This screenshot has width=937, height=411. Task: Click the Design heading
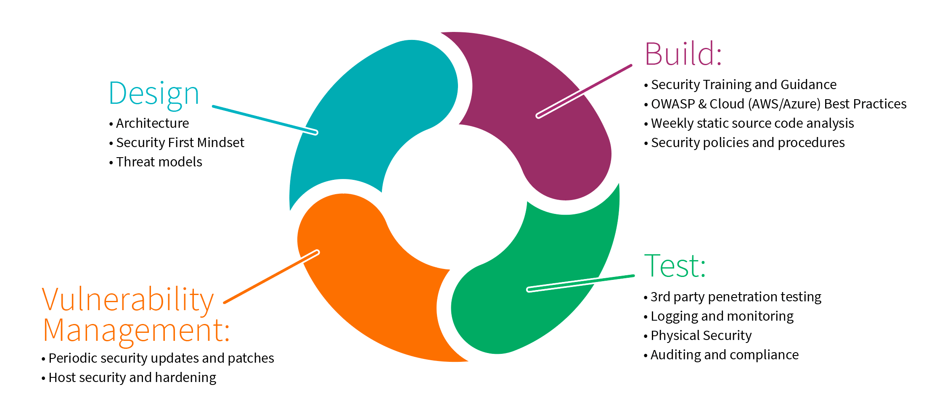click(154, 93)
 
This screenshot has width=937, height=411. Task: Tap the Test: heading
click(675, 266)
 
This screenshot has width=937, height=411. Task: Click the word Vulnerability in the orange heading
click(128, 300)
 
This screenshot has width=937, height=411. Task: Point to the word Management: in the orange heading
click(136, 331)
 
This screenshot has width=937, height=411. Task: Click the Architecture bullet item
click(152, 123)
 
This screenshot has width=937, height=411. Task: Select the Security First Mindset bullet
click(180, 142)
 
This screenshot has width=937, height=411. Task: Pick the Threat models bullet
click(159, 162)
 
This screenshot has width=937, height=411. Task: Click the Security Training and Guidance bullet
click(743, 84)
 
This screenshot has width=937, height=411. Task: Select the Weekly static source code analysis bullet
click(752, 123)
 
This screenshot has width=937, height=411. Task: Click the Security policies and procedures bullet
click(747, 142)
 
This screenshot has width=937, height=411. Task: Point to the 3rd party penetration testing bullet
click(736, 297)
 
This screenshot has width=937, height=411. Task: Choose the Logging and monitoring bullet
click(722, 316)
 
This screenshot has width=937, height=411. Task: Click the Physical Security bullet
click(701, 335)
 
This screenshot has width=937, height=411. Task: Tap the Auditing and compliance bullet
click(724, 355)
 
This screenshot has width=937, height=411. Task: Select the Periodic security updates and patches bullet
click(161, 358)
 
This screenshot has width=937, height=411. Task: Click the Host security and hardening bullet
click(132, 377)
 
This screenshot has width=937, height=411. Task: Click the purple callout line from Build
click(585, 90)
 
